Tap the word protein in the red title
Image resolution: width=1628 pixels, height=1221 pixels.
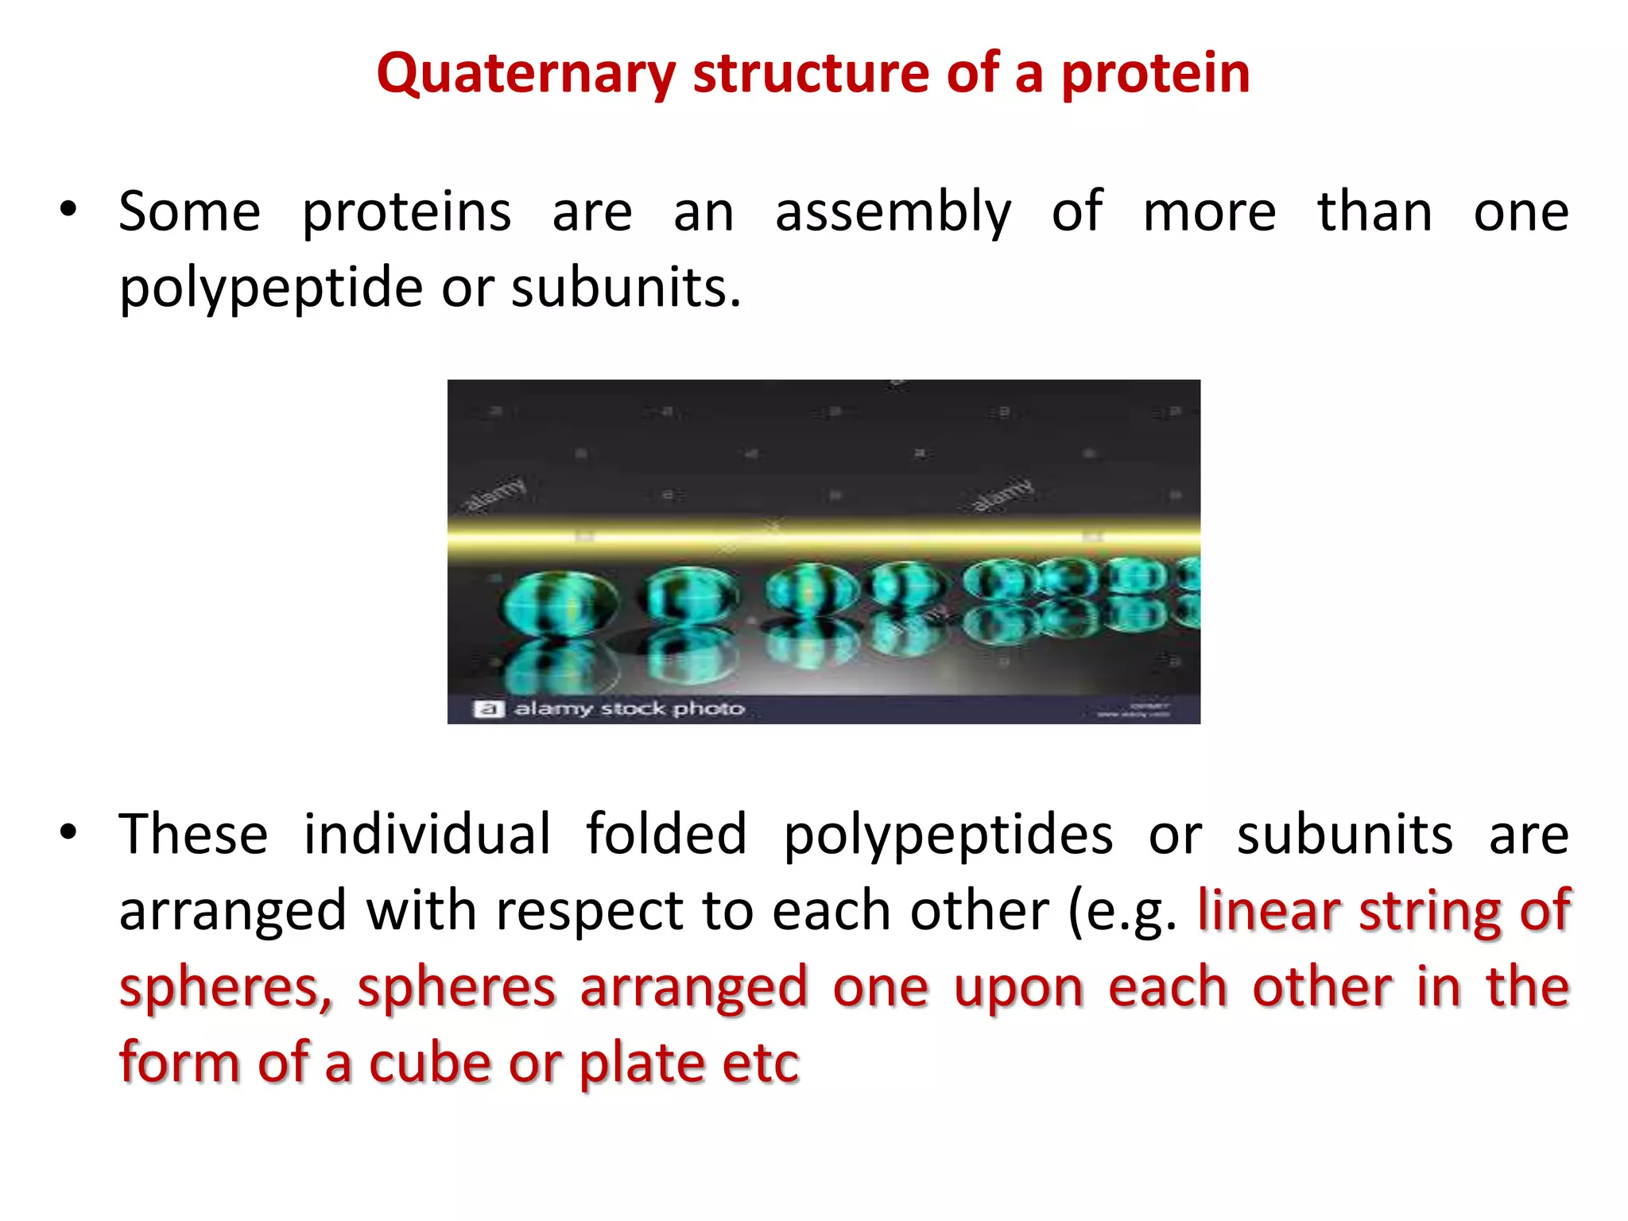click(x=1155, y=73)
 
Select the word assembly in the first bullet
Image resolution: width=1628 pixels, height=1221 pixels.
click(x=893, y=212)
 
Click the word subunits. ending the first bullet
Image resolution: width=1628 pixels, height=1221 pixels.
click(x=626, y=288)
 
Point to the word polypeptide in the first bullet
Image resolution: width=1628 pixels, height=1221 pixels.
click(x=270, y=288)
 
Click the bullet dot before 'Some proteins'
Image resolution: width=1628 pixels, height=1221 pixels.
click(x=68, y=211)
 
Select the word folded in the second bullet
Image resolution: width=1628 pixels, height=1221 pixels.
click(x=666, y=834)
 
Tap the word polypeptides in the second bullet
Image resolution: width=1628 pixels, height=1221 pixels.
click(x=948, y=835)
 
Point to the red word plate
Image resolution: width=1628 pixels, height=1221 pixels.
click(x=641, y=1064)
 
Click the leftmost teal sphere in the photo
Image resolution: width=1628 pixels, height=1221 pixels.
click(x=559, y=603)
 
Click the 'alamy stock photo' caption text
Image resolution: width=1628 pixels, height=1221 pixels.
click(x=629, y=708)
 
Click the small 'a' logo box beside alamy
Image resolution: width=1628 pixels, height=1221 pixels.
click(x=489, y=709)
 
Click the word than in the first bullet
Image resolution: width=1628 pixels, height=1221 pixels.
click(x=1374, y=212)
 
